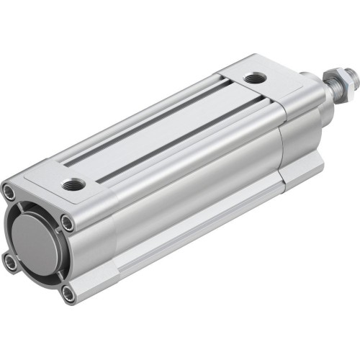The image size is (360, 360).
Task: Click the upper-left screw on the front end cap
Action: (x=8, y=192)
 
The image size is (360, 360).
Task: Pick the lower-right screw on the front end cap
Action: (x=68, y=292)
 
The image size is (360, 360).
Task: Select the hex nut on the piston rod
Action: (x=339, y=75)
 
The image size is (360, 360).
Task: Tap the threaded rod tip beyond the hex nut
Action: (x=350, y=71)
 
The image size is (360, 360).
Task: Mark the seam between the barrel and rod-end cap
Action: (x=282, y=151)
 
